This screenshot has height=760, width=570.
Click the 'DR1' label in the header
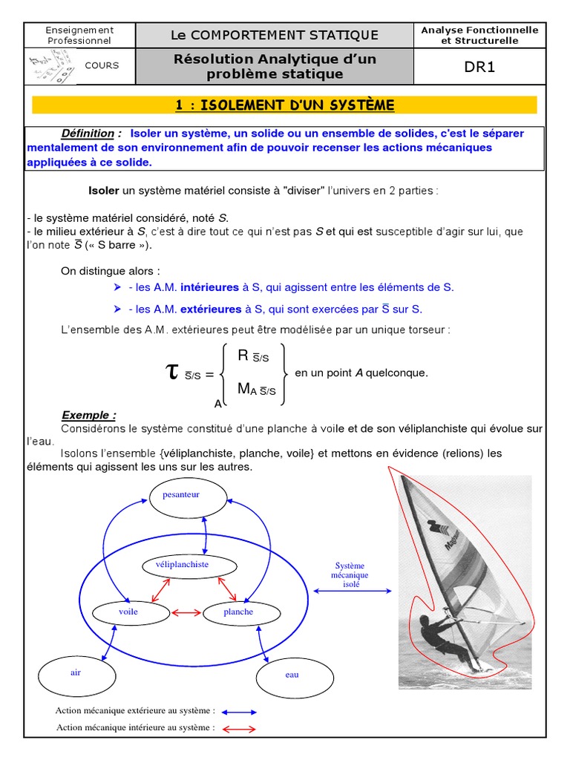[479, 67]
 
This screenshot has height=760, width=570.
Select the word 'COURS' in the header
[102, 65]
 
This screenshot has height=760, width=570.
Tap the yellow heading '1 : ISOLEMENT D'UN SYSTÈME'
[285, 105]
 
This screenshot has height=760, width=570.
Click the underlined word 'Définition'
[88, 134]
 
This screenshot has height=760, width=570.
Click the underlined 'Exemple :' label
[88, 416]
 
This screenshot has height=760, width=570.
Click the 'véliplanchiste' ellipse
[182, 565]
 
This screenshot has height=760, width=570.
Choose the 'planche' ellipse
[238, 612]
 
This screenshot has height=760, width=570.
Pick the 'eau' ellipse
[292, 675]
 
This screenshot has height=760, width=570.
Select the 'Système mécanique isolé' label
[350, 575]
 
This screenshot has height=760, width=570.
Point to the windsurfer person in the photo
[438, 636]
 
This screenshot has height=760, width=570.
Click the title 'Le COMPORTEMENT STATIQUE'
[275, 35]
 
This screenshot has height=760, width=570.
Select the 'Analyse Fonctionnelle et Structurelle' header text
[479, 35]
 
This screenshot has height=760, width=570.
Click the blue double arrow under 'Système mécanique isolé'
[352, 591]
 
